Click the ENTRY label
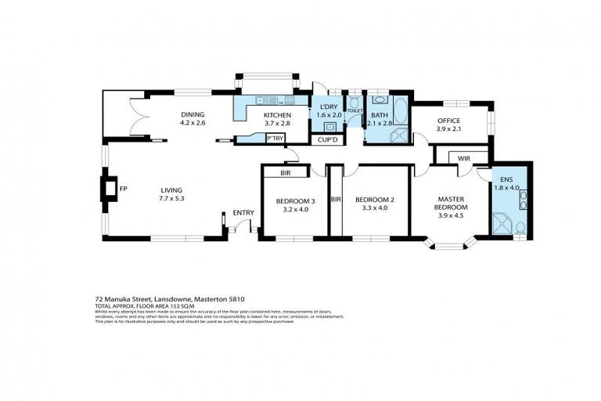pos(243,213)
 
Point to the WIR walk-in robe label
pos(463,157)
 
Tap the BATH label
pos(380,114)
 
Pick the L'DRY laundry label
pos(323,107)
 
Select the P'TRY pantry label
pos(275,139)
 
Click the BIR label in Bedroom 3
pos(286,172)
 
